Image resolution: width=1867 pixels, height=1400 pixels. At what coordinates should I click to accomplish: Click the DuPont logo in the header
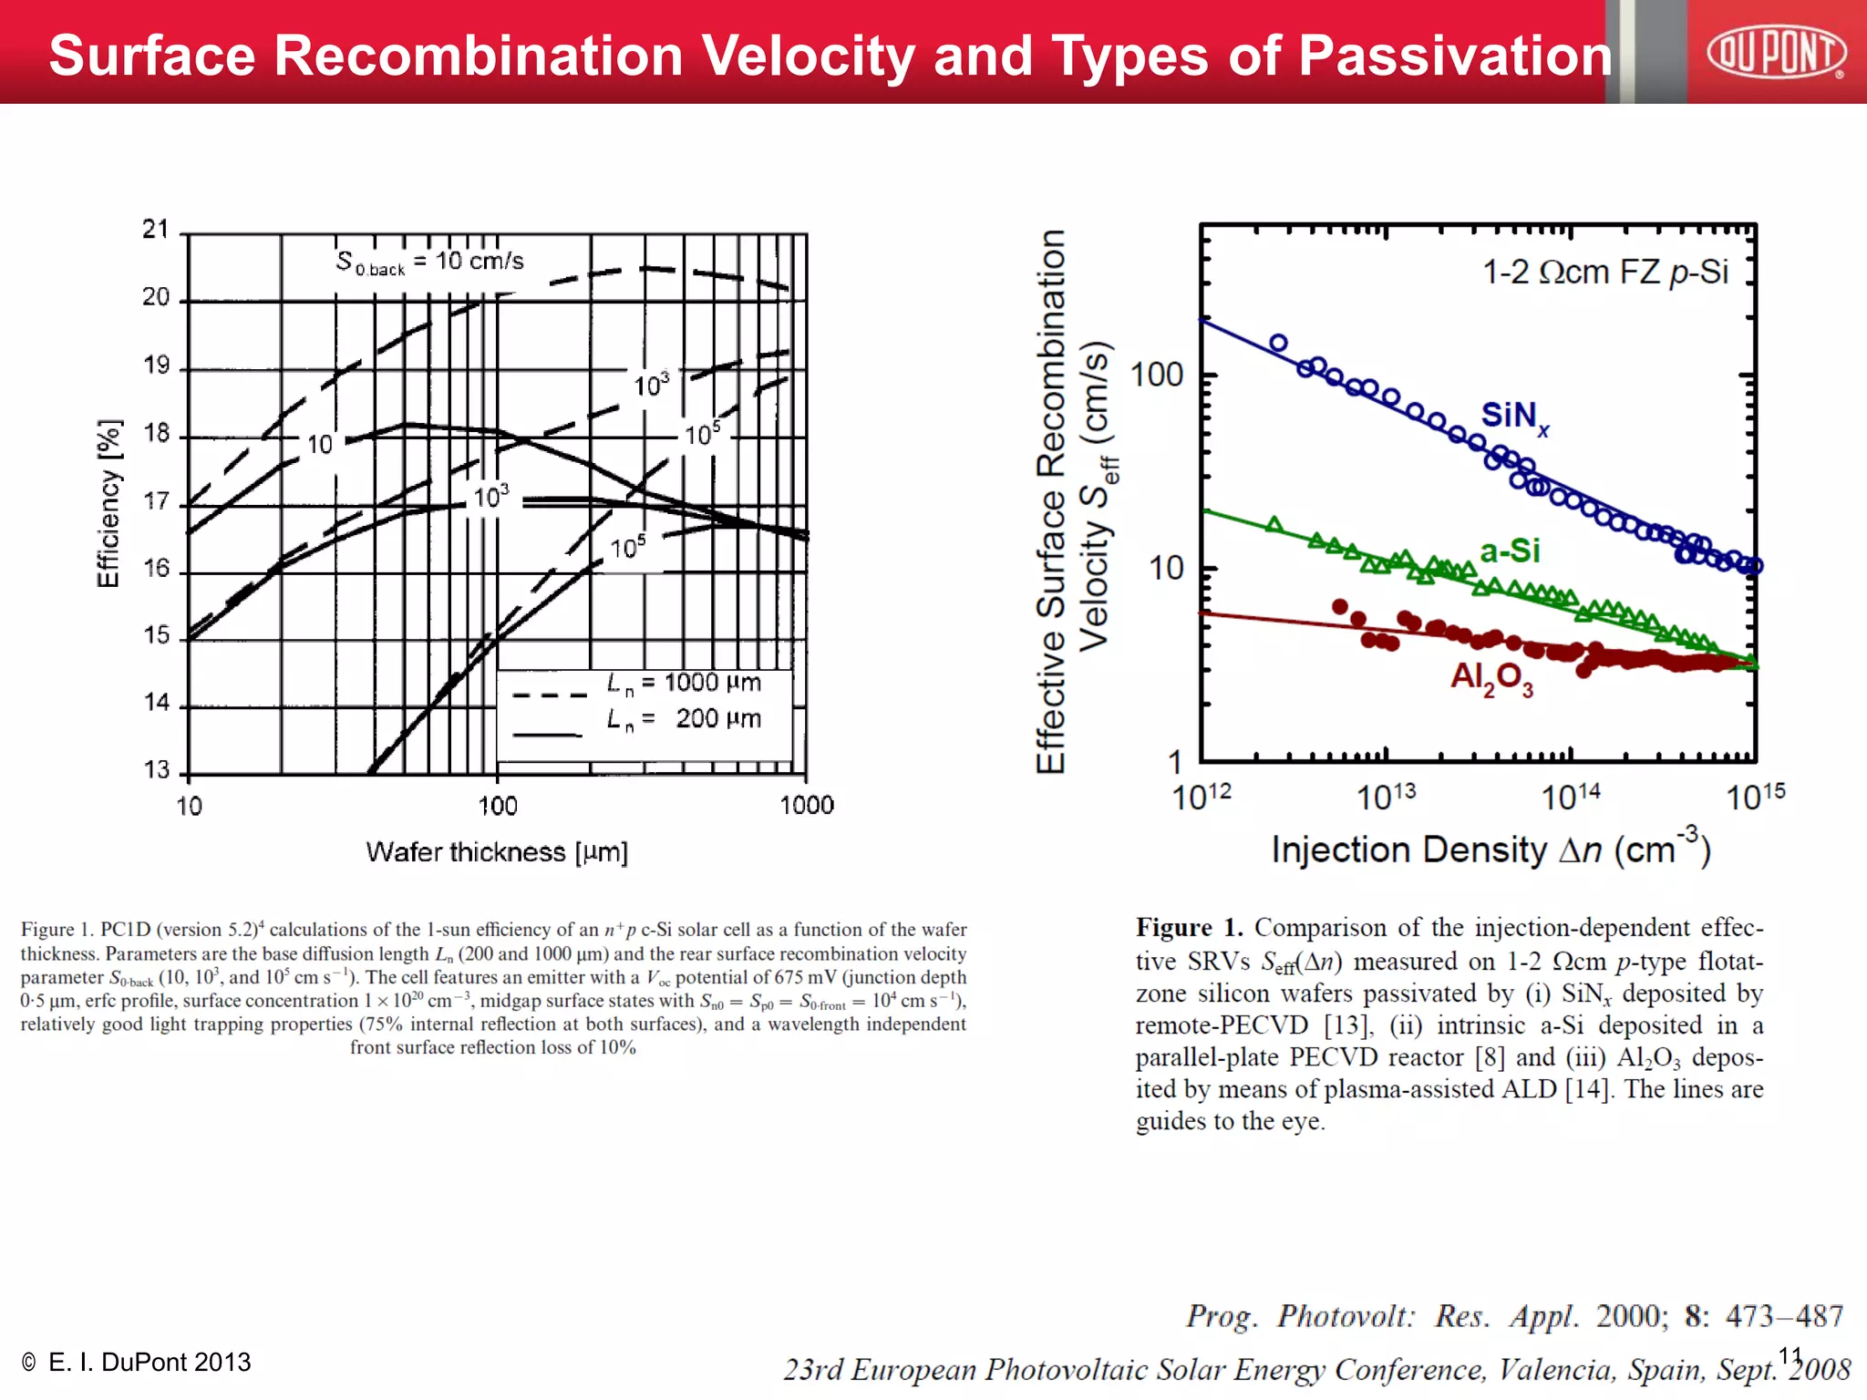coord(1775,52)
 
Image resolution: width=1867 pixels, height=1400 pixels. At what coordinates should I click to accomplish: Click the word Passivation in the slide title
coord(1455,56)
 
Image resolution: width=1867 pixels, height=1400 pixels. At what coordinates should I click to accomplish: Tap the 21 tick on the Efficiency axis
coord(156,230)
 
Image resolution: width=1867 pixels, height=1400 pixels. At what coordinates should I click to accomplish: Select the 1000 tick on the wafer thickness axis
coord(807,806)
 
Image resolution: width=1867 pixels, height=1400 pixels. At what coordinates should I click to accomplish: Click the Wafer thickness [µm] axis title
coord(497,852)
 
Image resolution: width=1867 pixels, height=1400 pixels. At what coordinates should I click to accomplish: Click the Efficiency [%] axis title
coord(108,504)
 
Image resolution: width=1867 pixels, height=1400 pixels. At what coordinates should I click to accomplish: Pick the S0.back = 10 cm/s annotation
coord(429,262)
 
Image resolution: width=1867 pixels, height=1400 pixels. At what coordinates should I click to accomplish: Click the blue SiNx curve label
coord(1514,417)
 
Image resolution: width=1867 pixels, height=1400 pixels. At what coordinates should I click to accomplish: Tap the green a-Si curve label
coord(1510,551)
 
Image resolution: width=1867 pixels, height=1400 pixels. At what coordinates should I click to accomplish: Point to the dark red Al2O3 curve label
coord(1492,678)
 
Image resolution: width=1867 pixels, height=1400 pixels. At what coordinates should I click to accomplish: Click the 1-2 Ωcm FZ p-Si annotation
coord(1604,272)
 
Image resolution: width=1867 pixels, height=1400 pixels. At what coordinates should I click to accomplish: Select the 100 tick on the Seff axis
coord(1156,375)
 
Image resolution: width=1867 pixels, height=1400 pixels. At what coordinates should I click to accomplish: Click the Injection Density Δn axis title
coord(1491,849)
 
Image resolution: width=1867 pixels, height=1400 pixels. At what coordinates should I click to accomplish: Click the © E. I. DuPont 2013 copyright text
coord(137,1362)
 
